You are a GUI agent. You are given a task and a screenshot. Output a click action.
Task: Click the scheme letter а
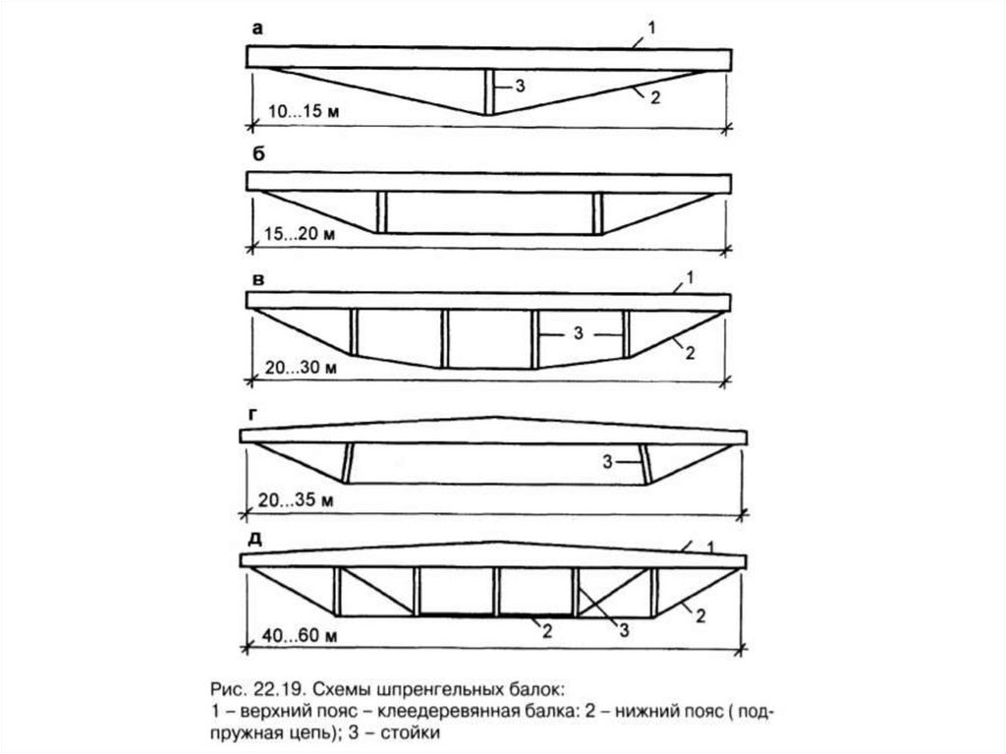tap(257, 29)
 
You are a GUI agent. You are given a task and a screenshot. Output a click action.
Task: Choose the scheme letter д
tap(255, 540)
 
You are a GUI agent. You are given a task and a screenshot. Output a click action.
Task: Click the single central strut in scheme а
tap(486, 91)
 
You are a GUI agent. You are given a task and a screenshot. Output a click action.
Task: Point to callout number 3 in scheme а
tap(521, 87)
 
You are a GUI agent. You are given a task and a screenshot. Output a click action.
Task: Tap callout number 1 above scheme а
tap(651, 29)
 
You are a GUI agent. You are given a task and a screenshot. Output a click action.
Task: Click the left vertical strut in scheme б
tap(380, 212)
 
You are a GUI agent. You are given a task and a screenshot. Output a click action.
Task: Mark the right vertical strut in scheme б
tap(596, 212)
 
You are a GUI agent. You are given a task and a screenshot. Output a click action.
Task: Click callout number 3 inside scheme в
tap(580, 334)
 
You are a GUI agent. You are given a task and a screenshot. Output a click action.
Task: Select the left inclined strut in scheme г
tap(348, 463)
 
